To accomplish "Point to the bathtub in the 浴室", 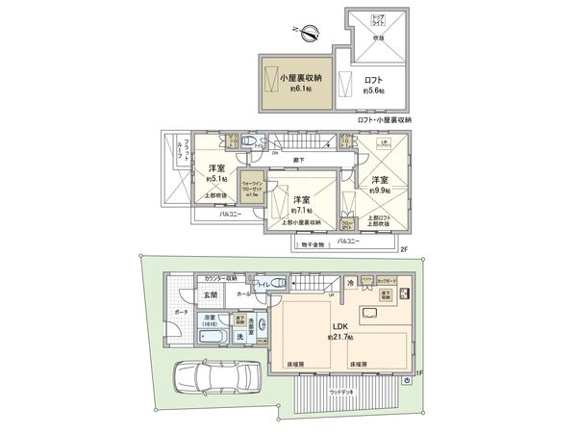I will click(211, 338).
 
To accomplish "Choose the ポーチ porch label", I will click(179, 315).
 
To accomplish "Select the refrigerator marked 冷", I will click(351, 282).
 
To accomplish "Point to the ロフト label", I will click(374, 80).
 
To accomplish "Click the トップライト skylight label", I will click(378, 19).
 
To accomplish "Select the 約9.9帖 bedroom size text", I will click(380, 190).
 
